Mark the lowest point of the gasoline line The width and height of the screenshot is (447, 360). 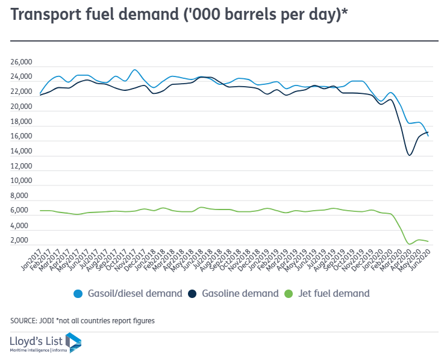[410, 155]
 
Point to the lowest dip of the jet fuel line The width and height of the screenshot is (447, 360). [410, 244]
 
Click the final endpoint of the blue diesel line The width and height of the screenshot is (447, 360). [428, 135]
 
